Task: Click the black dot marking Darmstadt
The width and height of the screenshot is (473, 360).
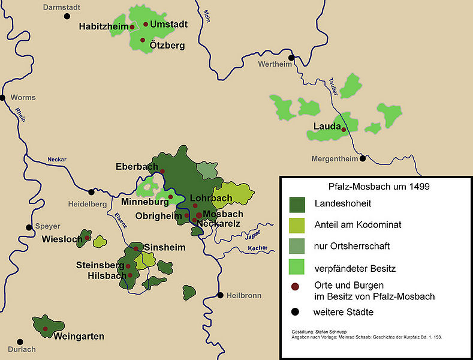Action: (67, 16)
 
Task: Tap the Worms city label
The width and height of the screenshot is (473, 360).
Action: (23, 97)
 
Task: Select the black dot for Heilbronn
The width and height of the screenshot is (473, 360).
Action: (221, 295)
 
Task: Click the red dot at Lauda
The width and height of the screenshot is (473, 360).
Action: (344, 128)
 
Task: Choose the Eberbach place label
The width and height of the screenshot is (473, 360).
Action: (137, 167)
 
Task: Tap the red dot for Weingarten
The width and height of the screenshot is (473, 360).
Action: (46, 329)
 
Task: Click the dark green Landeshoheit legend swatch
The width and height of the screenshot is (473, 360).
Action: (297, 204)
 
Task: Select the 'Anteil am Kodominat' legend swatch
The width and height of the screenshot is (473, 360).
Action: (297, 225)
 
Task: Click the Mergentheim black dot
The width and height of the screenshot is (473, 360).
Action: (363, 158)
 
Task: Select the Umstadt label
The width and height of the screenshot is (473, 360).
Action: (169, 25)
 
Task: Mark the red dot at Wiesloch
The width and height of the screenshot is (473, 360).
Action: (88, 238)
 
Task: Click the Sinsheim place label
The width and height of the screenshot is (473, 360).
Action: (165, 247)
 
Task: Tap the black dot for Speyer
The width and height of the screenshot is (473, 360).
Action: (28, 227)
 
